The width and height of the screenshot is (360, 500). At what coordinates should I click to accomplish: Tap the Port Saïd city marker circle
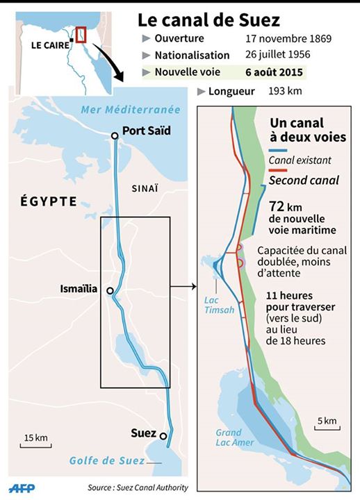[115, 136]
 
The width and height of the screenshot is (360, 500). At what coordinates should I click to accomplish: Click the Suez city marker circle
[163, 436]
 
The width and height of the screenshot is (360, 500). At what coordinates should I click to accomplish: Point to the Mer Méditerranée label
[130, 110]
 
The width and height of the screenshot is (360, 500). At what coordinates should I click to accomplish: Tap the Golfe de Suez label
[106, 461]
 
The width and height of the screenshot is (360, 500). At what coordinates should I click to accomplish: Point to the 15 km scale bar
[36, 445]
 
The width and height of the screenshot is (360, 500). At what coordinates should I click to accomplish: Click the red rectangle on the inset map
[81, 33]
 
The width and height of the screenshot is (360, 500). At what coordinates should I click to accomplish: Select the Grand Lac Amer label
[234, 437]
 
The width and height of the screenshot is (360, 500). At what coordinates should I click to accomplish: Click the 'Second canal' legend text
[304, 180]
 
